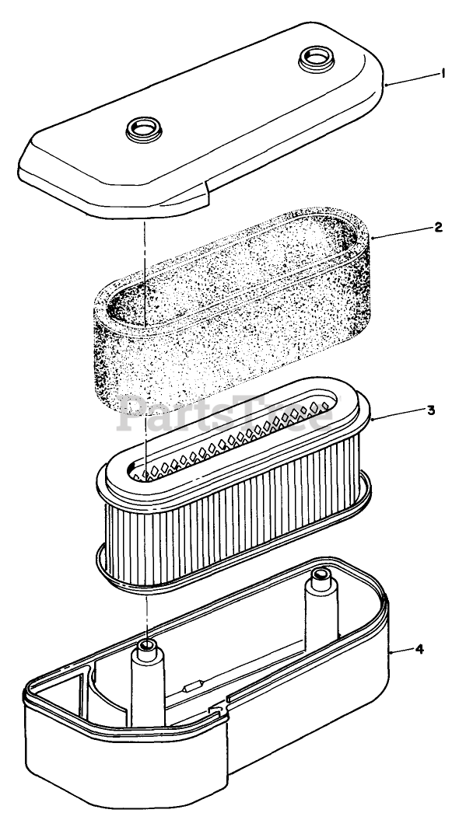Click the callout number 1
click(x=443, y=75)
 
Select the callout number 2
click(x=438, y=227)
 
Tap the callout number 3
click(x=431, y=410)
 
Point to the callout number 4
click(x=419, y=649)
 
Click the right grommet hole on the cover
click(x=317, y=58)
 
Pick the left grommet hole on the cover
click(x=144, y=129)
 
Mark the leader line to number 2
click(x=401, y=232)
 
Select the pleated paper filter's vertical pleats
click(x=233, y=532)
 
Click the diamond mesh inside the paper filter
click(x=233, y=438)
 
